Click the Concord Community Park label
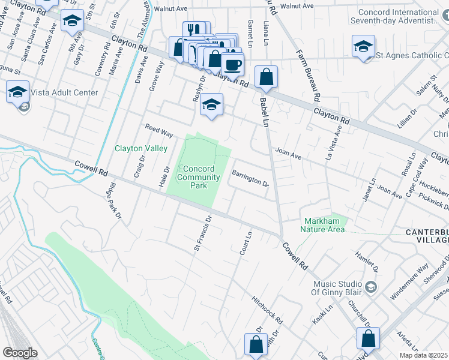199,177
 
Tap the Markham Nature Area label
324,225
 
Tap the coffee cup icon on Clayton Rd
232,64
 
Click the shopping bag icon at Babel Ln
266,77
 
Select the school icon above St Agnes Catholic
363,46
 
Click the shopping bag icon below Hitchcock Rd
256,345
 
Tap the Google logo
20,353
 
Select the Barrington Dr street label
250,179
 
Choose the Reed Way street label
159,130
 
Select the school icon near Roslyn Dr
211,104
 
